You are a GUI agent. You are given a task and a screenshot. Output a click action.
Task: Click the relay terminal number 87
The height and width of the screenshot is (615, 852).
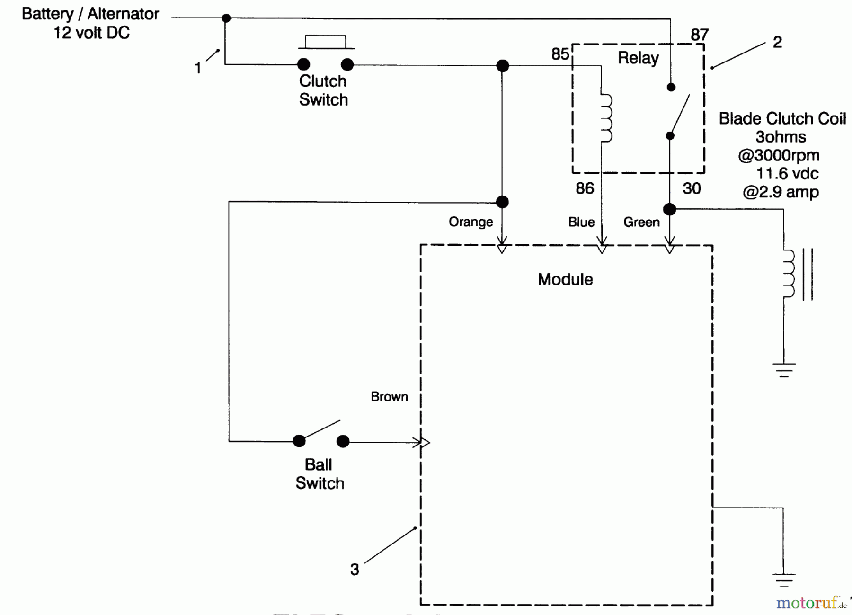tap(699, 35)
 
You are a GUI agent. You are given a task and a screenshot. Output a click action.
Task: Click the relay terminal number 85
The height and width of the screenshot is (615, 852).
tap(560, 54)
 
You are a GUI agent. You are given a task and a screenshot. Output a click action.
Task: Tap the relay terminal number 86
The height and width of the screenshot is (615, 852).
tap(585, 188)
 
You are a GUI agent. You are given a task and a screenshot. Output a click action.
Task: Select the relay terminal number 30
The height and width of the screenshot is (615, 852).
tap(691, 188)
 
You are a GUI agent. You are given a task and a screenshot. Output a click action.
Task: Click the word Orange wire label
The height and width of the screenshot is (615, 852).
tap(470, 222)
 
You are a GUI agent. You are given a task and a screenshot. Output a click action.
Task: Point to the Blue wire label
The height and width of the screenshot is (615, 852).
tap(581, 222)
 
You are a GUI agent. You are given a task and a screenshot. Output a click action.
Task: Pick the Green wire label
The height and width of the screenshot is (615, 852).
tap(641, 222)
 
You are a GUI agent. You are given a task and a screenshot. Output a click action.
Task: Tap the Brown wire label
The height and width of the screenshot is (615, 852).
tap(389, 397)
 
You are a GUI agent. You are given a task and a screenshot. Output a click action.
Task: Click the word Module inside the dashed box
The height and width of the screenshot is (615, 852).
tap(565, 279)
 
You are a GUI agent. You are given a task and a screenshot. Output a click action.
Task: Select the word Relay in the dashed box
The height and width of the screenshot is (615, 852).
tap(638, 58)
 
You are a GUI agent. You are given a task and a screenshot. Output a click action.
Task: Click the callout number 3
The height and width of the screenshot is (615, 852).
tap(355, 569)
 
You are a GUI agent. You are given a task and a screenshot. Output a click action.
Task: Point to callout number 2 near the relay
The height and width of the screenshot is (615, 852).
tap(777, 42)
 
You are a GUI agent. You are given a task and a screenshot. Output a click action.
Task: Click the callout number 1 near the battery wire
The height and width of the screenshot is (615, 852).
tap(198, 68)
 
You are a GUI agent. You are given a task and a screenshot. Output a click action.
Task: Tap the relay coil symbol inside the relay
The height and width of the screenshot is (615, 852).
tap(606, 118)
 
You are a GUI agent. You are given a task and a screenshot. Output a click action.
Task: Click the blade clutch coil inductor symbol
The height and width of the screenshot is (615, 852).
tap(790, 274)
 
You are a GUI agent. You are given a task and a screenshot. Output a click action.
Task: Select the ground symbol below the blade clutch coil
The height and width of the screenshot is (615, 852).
tap(784, 370)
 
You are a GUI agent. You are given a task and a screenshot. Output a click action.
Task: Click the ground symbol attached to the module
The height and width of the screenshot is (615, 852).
tap(784, 579)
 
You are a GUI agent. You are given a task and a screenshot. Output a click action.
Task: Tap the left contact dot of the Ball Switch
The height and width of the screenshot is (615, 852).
tap(299, 441)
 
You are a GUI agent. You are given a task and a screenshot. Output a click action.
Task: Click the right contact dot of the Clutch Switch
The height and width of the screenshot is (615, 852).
tap(347, 64)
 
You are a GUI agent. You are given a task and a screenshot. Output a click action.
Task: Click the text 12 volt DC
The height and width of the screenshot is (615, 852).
tap(91, 33)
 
